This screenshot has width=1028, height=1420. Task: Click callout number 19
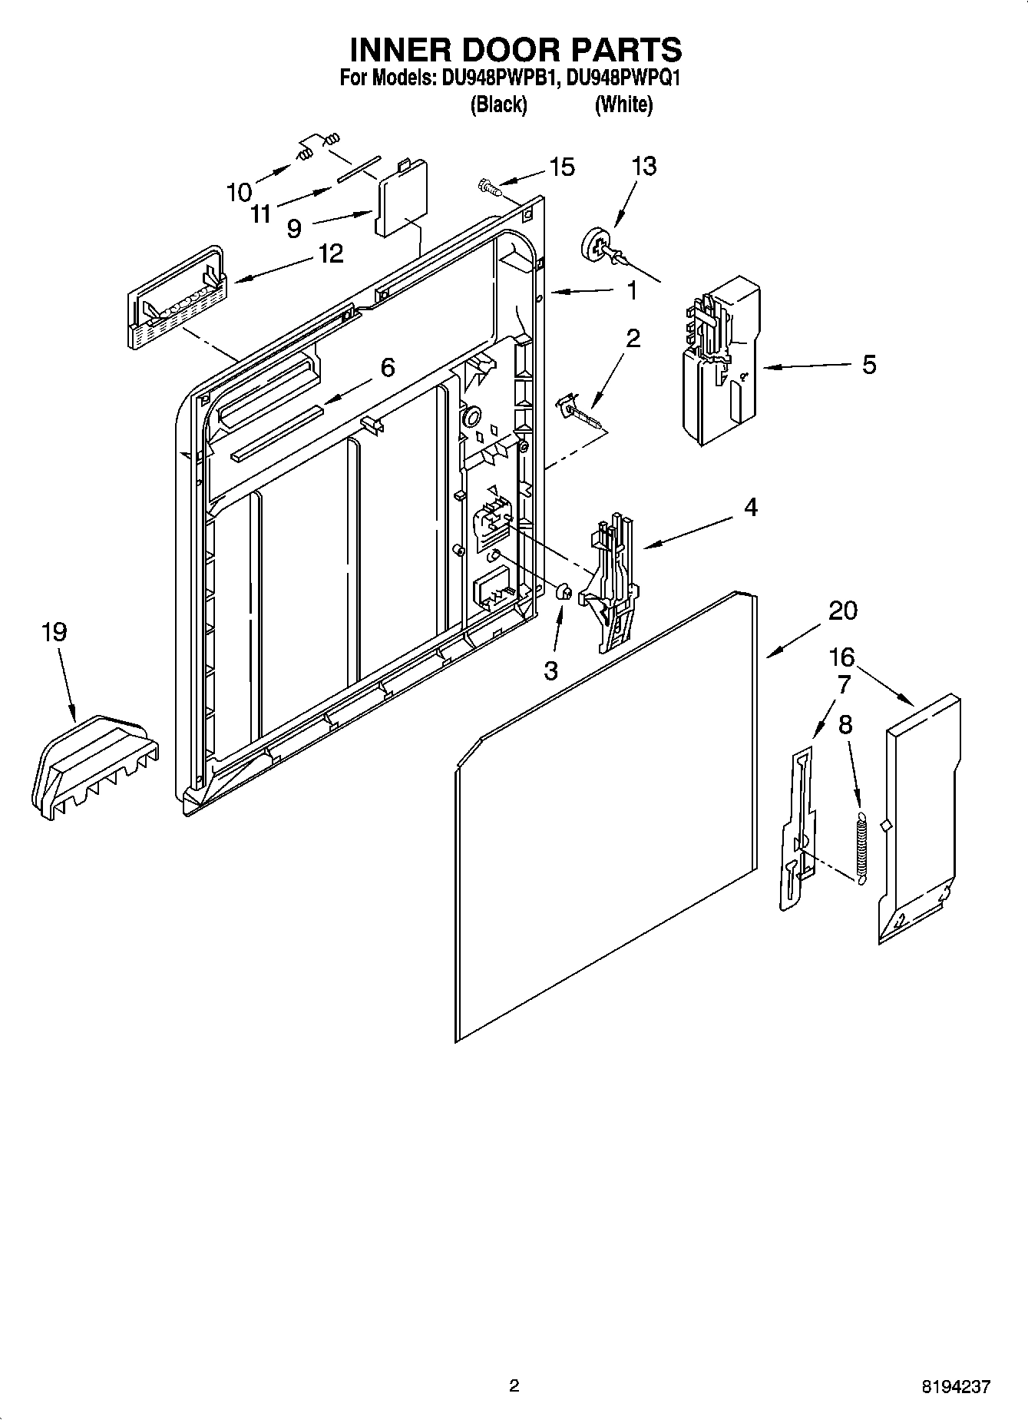[54, 632]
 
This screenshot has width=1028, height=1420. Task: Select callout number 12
[331, 253]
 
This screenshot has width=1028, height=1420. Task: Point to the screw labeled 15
[490, 185]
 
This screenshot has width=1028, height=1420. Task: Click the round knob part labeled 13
[597, 247]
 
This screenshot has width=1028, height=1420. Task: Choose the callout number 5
[868, 364]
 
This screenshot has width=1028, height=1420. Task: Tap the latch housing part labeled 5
[720, 361]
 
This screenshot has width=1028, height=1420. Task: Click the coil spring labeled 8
[861, 841]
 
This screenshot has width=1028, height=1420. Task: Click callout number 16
[842, 657]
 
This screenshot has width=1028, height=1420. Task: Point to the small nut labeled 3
[562, 592]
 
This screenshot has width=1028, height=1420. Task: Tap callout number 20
[842, 611]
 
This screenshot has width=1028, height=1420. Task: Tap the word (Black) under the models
[498, 104]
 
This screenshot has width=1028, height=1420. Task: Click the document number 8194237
[956, 1387]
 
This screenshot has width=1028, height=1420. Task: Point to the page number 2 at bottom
[514, 1386]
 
